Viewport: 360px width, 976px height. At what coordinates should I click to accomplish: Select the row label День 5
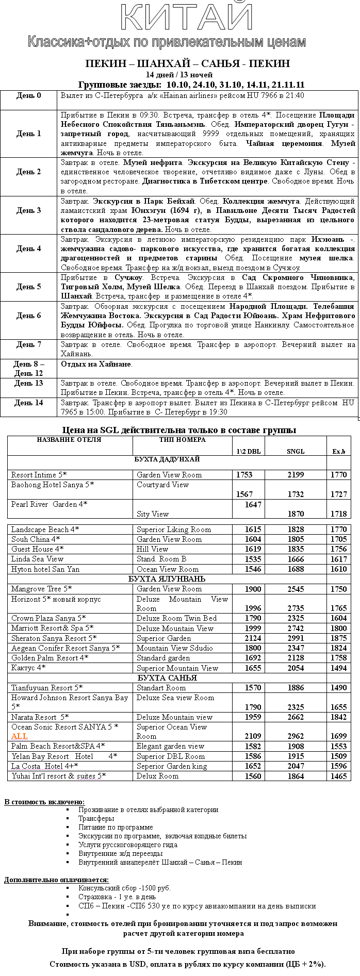(28, 287)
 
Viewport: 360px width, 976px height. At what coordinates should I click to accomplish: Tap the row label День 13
(28, 383)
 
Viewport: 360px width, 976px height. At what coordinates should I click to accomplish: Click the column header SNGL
(296, 451)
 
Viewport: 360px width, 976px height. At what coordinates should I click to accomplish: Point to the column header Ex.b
(339, 451)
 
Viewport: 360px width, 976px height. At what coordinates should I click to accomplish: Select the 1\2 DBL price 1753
(244, 474)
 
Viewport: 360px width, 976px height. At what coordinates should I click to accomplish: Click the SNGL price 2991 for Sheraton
(296, 638)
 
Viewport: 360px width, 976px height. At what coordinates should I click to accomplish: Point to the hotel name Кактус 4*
(28, 668)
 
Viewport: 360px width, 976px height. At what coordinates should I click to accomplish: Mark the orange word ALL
(19, 736)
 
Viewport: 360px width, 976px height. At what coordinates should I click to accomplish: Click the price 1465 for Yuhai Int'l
(339, 776)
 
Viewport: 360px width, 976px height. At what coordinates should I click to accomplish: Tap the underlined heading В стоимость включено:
(44, 802)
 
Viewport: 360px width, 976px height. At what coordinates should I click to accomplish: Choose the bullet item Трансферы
(96, 818)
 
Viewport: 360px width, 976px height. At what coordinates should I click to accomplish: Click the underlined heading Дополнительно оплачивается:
(56, 880)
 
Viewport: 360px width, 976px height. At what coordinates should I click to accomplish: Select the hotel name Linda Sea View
(37, 559)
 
